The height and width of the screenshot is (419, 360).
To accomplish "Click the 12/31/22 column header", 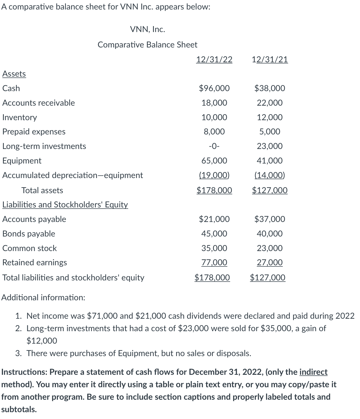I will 214,60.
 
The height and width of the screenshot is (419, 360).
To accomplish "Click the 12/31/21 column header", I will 270,60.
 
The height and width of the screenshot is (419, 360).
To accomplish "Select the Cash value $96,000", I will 214,88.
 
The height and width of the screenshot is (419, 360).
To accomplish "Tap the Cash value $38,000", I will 270,88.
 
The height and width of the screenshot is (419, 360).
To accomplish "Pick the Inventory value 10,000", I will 214,117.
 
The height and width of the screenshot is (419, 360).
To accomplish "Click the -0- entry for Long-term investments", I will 214,146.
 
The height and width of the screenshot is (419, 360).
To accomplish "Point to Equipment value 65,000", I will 214,161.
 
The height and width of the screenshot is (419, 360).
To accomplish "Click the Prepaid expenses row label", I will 34,131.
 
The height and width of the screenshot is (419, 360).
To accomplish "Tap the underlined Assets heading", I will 14,74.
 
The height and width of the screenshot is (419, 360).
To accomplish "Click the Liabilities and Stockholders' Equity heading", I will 65,204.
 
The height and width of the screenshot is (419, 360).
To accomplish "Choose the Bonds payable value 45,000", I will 214,234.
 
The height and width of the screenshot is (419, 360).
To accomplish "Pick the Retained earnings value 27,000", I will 270,262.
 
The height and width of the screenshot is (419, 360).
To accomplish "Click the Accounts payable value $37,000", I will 270,219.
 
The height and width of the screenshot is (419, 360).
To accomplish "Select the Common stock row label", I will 29,248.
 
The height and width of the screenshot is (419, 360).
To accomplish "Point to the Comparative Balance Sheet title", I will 147,45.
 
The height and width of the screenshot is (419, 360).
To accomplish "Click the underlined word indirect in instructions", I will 313,372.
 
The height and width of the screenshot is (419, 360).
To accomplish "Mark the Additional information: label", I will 43,297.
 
